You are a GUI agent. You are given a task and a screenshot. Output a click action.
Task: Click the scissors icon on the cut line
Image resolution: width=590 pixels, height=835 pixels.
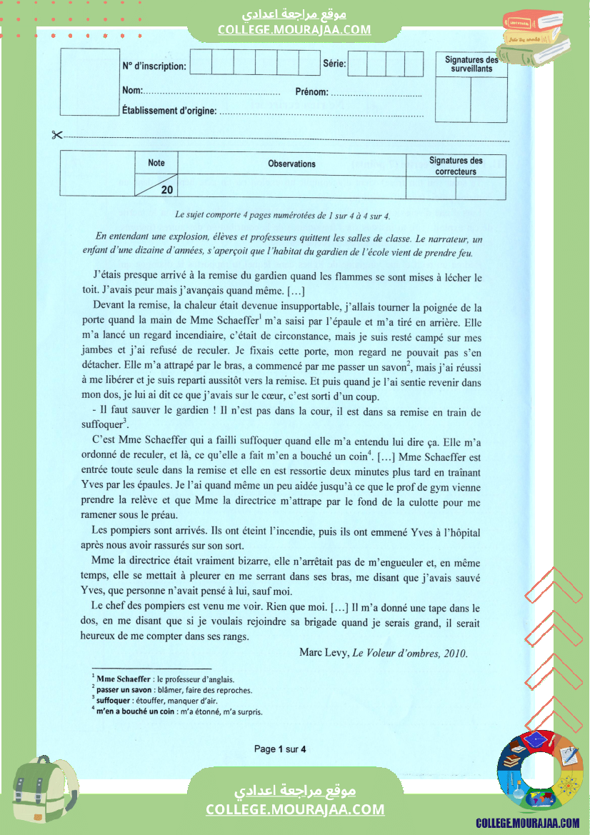pyautogui.click(x=57, y=135)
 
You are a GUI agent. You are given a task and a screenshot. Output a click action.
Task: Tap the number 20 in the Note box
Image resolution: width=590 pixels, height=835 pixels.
pyautogui.click(x=166, y=190)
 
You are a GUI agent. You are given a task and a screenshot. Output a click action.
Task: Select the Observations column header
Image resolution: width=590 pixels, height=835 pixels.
pyautogui.click(x=291, y=164)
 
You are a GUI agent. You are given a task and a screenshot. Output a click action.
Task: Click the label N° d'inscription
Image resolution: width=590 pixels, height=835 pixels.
pyautogui.click(x=154, y=66)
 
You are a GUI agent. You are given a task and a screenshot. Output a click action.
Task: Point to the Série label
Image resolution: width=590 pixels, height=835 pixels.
pyautogui.click(x=334, y=64)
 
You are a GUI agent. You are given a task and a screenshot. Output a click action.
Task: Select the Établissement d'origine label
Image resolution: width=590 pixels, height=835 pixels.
pyautogui.click(x=169, y=111)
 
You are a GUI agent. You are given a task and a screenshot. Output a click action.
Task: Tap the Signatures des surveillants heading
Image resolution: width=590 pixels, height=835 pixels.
pyautogui.click(x=471, y=64)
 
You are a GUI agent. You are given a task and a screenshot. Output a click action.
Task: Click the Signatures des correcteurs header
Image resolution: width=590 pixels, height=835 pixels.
pyautogui.click(x=456, y=166)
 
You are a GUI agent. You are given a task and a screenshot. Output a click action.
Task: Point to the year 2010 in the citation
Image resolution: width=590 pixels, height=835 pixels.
pyautogui.click(x=455, y=652)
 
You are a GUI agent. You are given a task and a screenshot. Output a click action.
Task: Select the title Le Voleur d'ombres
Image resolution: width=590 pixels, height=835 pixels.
pyautogui.click(x=396, y=652)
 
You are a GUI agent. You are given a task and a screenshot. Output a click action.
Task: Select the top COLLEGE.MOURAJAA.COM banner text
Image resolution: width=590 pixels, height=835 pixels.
pyautogui.click(x=294, y=29)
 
